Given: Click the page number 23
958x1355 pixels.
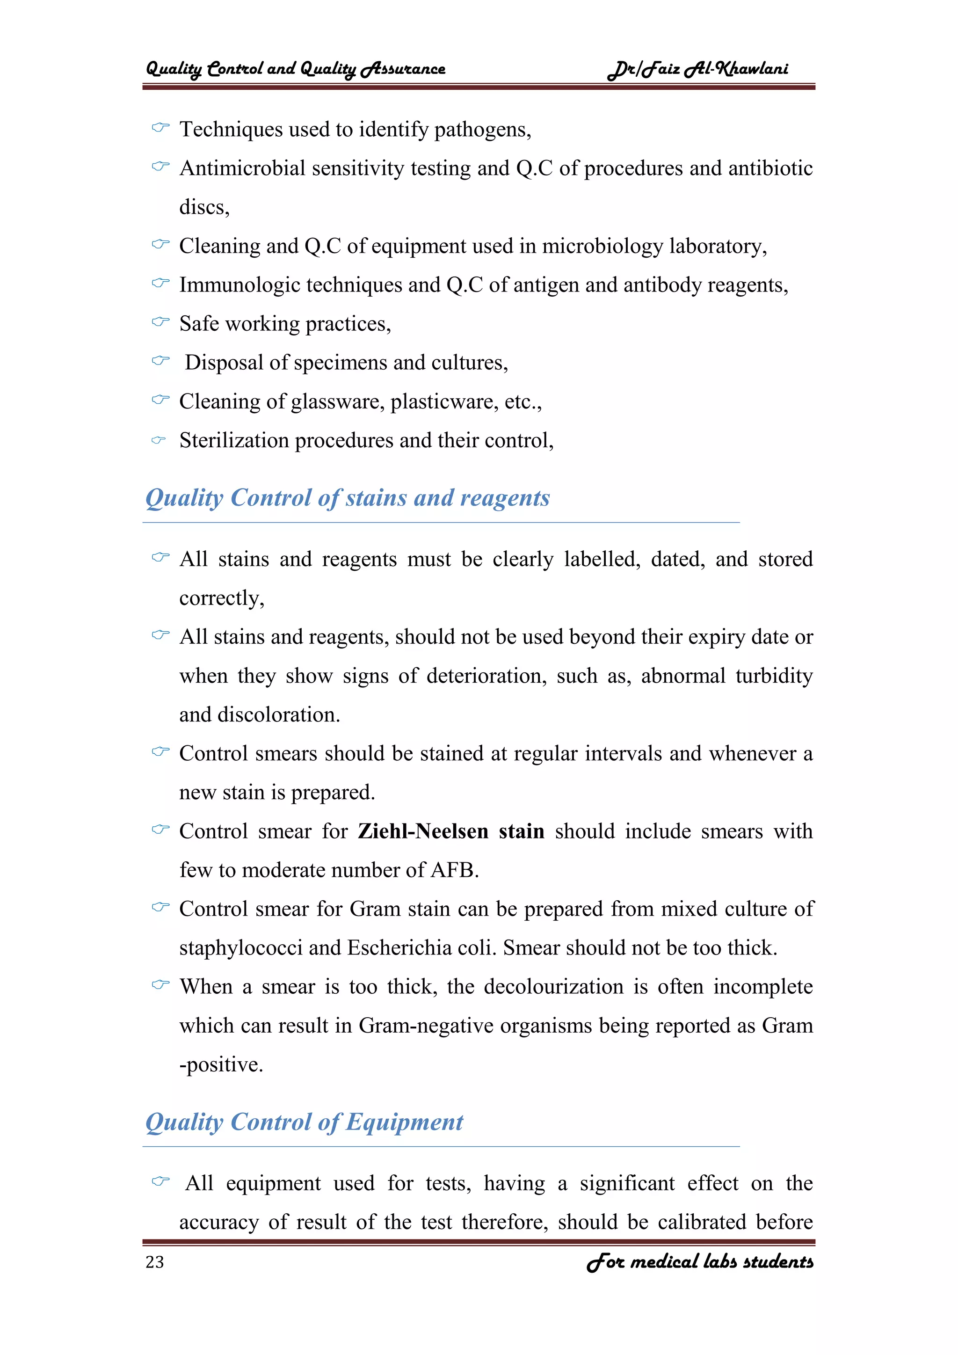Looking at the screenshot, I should coord(154,1262).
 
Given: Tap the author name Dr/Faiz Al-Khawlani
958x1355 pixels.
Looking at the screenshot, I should coord(698,69).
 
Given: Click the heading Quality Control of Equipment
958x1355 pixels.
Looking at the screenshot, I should coord(305,1122).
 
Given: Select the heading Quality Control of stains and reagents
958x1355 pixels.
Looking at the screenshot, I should coord(348,498).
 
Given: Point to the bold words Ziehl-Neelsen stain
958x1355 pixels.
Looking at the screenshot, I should coord(451,831).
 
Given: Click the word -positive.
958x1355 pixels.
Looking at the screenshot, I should coord(221,1064).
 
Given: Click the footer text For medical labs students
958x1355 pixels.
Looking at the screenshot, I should coord(700,1262).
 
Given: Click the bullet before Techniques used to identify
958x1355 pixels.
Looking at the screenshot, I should coord(160,127).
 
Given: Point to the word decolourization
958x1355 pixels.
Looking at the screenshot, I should coord(553,987).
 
